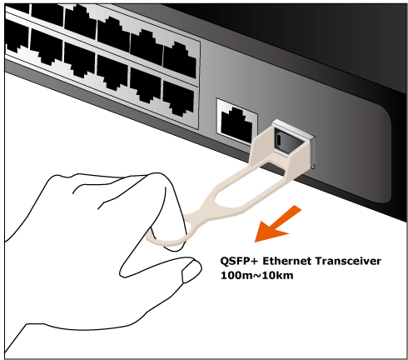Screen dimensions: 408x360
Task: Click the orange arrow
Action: [x=276, y=224]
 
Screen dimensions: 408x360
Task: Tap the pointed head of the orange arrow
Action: [x=255, y=242]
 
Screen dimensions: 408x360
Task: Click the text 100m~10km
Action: [x=256, y=276]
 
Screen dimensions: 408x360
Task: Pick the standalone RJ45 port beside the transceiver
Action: [x=236, y=122]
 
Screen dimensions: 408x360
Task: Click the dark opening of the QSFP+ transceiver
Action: [x=289, y=142]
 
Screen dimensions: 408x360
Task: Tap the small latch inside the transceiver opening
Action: [x=279, y=139]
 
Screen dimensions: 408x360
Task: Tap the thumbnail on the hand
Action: [x=191, y=272]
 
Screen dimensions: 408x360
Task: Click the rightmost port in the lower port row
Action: [x=178, y=97]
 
